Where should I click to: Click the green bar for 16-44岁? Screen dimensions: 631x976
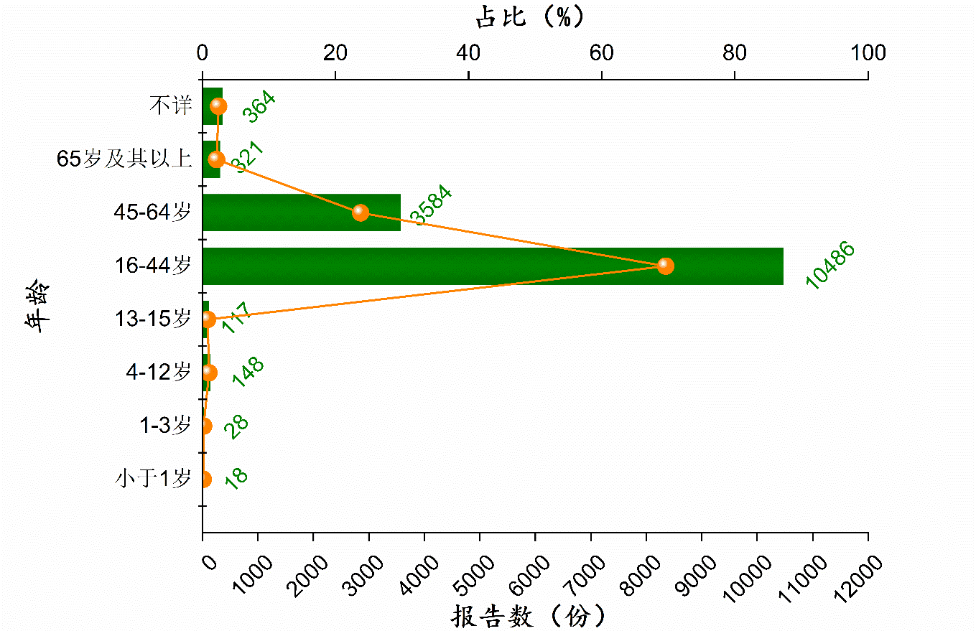pos(493,266)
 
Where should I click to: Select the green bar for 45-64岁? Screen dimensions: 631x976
pos(302,212)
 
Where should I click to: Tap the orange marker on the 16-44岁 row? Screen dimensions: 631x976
pos(666,266)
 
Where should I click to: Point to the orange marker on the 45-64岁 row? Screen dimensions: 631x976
pos(361,212)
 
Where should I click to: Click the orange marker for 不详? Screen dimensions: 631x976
pos(219,106)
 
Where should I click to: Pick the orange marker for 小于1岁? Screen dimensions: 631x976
pos(205,479)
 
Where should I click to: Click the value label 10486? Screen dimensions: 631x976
pos(830,266)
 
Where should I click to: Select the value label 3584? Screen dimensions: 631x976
pos(430,206)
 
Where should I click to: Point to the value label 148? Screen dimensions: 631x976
pos(248,373)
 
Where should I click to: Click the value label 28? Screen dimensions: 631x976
pos(236,426)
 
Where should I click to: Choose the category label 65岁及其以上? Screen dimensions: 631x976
pos(125,159)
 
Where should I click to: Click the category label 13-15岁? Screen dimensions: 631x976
pos(153,319)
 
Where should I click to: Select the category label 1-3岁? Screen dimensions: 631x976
pos(165,426)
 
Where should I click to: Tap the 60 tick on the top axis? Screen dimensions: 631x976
pos(601,53)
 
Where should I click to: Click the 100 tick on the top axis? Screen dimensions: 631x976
pos(867,53)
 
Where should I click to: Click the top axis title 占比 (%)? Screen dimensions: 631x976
pos(530,16)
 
